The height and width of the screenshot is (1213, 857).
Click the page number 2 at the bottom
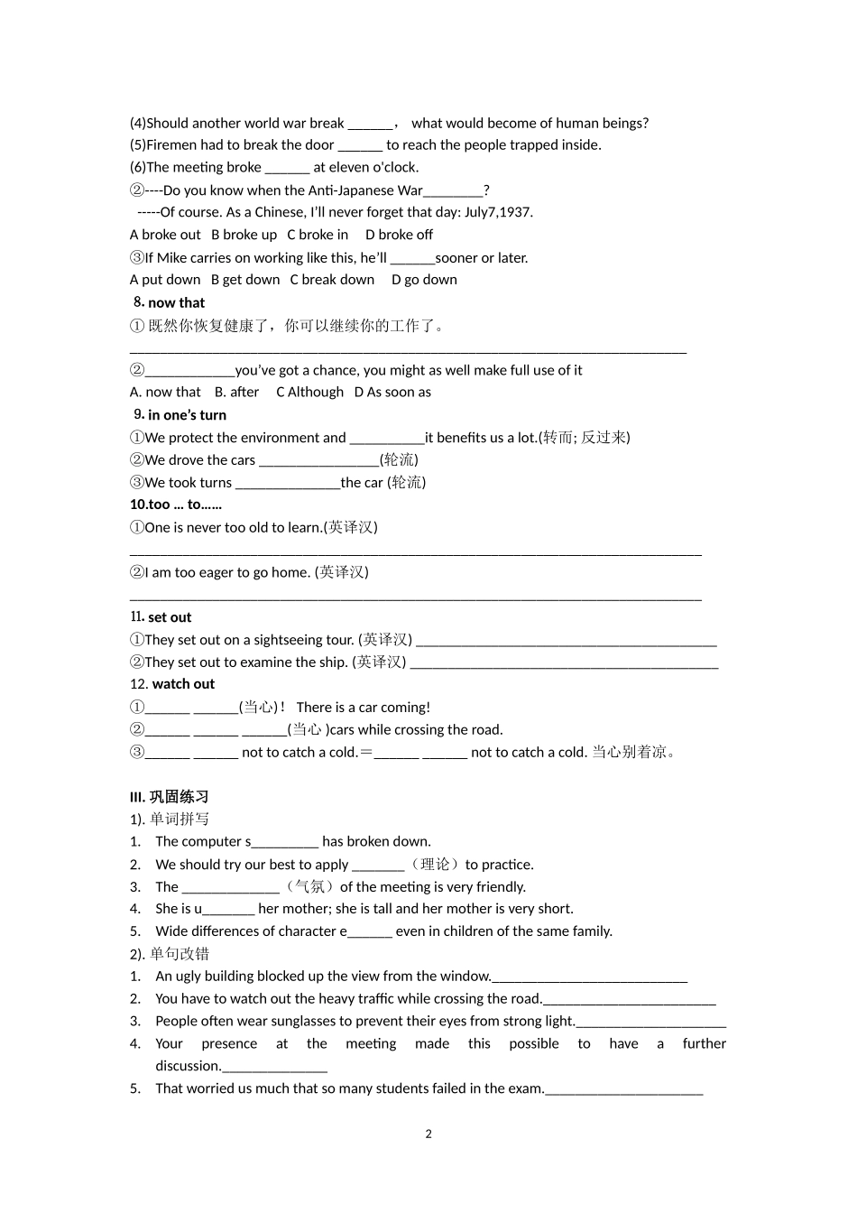click(428, 1134)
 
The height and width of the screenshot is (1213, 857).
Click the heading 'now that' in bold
click(176, 303)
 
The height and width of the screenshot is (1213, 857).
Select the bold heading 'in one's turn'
click(187, 415)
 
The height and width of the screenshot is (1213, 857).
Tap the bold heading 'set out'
click(170, 617)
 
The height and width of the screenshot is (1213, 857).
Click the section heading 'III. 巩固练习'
click(170, 797)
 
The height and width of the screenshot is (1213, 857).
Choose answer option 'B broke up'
click(244, 235)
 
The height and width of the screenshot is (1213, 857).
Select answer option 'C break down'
click(332, 280)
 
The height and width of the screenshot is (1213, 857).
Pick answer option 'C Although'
click(309, 393)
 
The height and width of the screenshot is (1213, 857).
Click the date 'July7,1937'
click(498, 212)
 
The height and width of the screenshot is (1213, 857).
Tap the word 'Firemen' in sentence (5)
click(172, 145)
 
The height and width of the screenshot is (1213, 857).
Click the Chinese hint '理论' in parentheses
click(435, 865)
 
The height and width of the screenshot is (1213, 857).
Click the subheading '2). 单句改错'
click(170, 954)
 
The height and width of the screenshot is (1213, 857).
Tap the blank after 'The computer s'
click(285, 842)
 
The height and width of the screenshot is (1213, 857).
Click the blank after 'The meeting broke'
click(288, 168)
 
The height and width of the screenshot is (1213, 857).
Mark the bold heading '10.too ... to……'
click(176, 505)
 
